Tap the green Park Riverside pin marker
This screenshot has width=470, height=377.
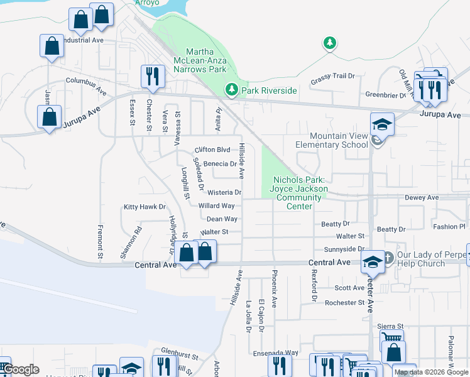coord(232,90)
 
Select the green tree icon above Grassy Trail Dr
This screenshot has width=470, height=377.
coord(329,43)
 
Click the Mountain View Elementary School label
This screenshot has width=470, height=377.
coord(338,140)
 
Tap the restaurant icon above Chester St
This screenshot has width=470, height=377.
coord(153,77)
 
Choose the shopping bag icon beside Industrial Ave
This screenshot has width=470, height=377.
coord(52,46)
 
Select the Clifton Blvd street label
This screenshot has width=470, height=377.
coord(212,150)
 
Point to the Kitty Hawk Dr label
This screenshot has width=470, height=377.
coord(144,207)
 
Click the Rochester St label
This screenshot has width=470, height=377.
coord(344,303)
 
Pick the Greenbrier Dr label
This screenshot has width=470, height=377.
coord(386,95)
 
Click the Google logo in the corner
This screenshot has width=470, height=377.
coord(21,369)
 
